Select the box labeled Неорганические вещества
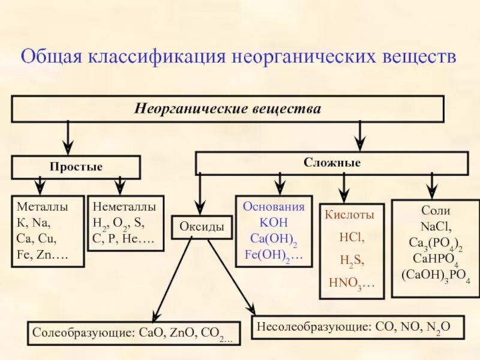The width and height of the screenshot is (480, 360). pos(227,109)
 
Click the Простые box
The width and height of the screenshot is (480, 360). pos(76,167)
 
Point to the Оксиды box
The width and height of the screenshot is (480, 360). pos(202,227)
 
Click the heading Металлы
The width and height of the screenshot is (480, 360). pos(42,206)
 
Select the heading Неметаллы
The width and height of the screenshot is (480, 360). pos(124,206)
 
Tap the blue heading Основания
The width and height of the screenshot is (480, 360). pos(274,206)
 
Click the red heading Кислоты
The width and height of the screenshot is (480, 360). pos(349,214)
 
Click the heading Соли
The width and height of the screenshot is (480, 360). pos(436,211)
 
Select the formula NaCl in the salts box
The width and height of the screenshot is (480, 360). pos(436,227)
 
